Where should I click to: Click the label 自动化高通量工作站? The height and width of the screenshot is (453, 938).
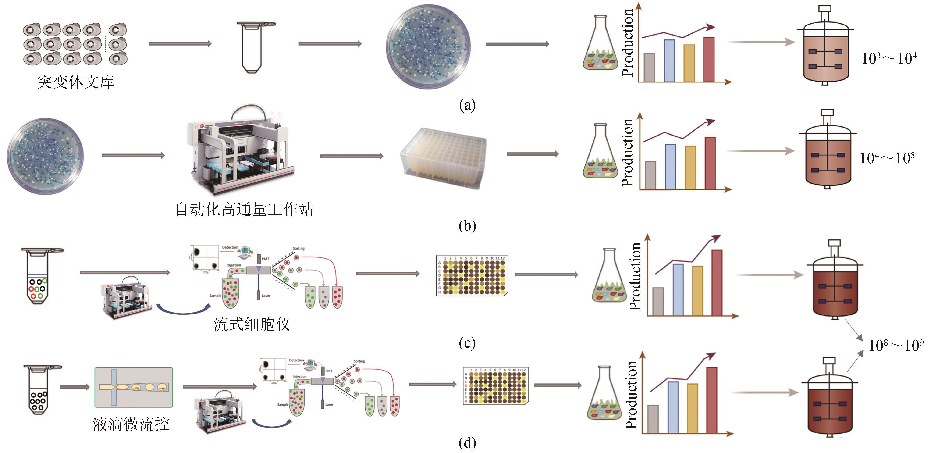point(244,209)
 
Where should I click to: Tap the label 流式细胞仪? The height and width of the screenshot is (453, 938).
point(252,324)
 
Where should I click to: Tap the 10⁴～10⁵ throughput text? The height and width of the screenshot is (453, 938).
point(887,158)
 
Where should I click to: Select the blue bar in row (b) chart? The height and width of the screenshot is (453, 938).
point(670,167)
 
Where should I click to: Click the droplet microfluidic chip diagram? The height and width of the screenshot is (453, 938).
point(134,387)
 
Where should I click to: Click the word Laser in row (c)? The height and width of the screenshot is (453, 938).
point(266,296)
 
